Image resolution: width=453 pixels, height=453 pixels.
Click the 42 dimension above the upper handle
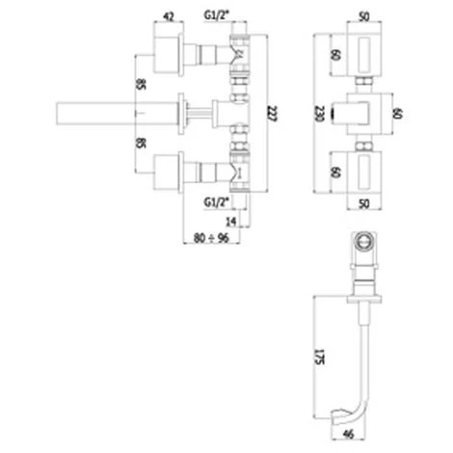(x=169, y=16)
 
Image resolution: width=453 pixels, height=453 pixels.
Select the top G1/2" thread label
(x=217, y=15)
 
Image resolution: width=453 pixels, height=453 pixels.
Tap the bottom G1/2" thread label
(x=217, y=202)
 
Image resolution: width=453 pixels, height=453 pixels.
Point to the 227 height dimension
(x=272, y=114)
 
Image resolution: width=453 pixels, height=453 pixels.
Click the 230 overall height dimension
(x=319, y=114)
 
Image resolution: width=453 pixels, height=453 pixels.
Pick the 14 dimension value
(x=231, y=222)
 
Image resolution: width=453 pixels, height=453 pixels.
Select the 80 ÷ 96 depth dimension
(x=211, y=238)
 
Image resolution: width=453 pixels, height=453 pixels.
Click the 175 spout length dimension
(x=319, y=357)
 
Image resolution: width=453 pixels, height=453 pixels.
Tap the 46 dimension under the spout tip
(x=348, y=435)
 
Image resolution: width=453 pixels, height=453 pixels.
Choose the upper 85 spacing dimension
(x=141, y=85)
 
